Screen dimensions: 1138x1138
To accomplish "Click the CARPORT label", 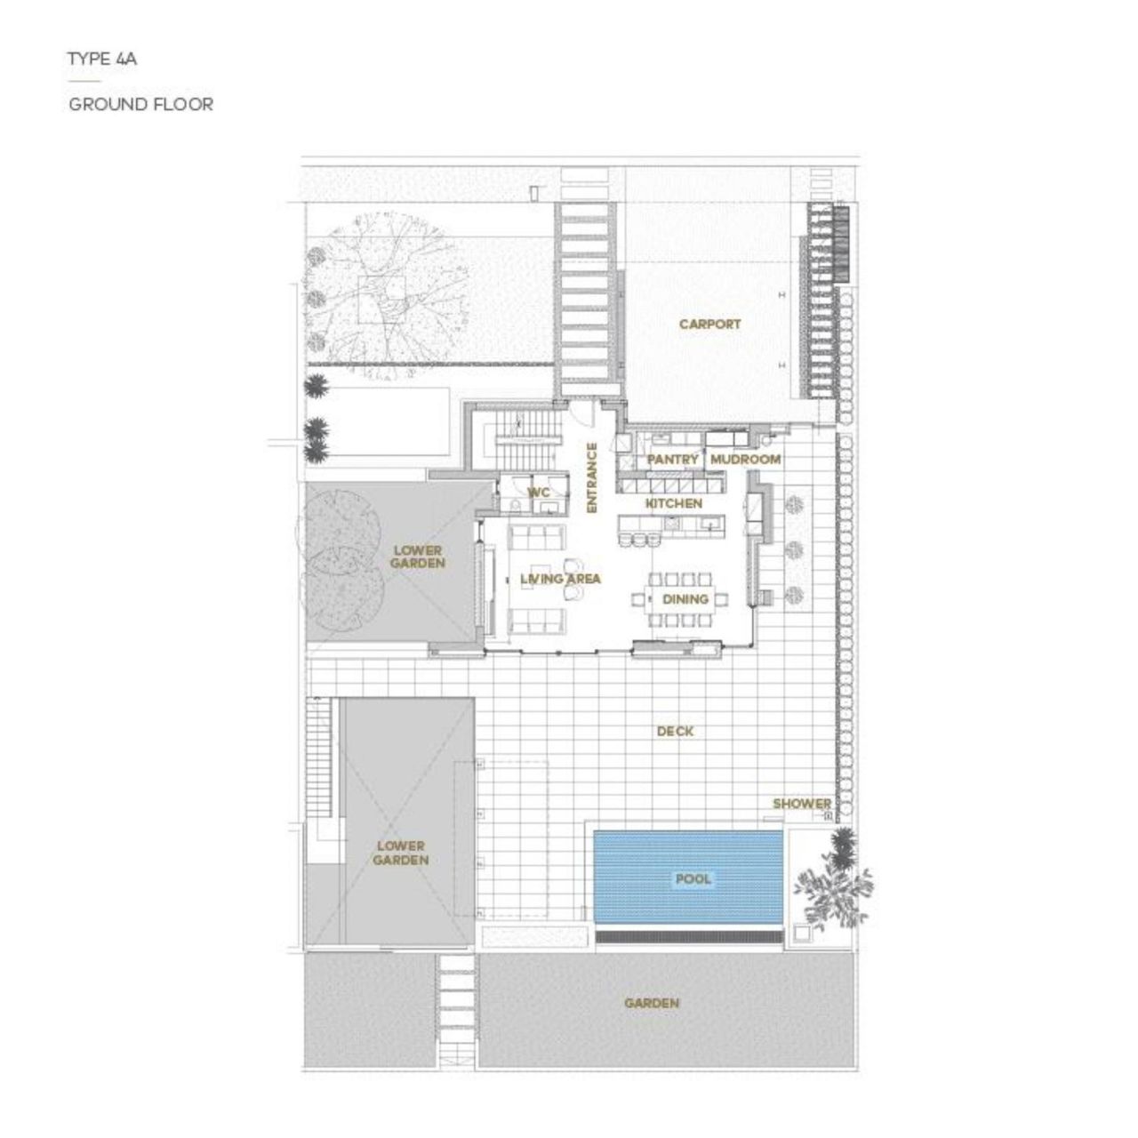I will point(709,325).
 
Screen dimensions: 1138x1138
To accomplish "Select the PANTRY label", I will point(673,460).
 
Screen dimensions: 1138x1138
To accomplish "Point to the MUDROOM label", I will point(746,460).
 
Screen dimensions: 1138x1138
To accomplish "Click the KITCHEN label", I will point(673,504).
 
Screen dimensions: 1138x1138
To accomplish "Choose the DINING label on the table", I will point(685,599).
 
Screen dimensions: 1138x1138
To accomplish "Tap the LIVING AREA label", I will point(560,580).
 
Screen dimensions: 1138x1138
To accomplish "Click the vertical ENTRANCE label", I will point(590,477).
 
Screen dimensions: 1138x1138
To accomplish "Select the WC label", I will point(538,493).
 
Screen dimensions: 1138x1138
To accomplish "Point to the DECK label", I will point(675,732).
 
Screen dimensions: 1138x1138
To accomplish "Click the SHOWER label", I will point(801,804).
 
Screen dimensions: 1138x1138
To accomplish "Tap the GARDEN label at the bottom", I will point(651,1004).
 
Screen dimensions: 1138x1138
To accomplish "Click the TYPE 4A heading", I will point(101,60).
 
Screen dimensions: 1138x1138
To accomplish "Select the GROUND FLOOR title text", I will point(140,104).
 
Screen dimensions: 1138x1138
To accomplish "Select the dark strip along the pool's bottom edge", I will point(689,936).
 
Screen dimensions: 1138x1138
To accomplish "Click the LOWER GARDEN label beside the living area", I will point(418,557).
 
